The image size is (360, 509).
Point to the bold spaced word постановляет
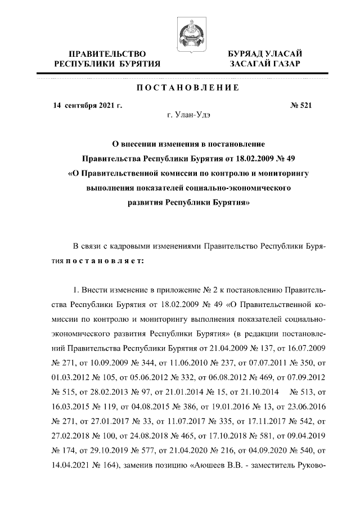point(105,260)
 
